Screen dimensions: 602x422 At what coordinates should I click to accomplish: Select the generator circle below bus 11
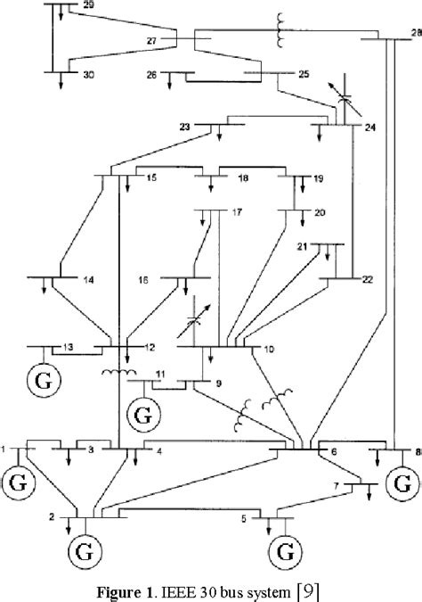141,415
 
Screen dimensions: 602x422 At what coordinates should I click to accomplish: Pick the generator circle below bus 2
85,547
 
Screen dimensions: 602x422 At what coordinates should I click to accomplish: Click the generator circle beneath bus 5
284,547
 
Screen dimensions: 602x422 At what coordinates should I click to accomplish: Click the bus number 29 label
85,6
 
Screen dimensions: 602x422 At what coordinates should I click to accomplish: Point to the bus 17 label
237,212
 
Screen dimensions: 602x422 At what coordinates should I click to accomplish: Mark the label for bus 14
88,279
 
